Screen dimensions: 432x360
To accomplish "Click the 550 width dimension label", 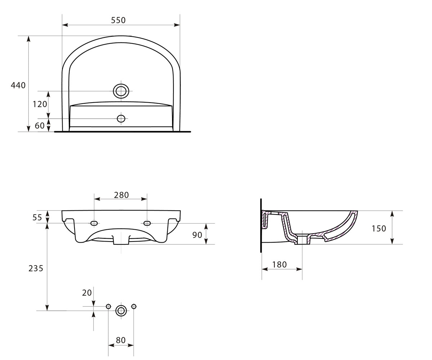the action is tap(118, 20).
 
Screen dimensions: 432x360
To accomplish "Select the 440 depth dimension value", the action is tap(18, 85).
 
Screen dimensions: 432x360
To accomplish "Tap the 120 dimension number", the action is tap(40, 104).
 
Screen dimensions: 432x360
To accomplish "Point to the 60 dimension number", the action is tap(40, 126).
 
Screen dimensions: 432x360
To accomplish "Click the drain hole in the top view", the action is tap(121, 91).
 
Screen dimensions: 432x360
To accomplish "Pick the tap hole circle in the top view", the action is tap(121, 118).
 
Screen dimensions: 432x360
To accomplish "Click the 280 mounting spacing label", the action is tap(121, 195).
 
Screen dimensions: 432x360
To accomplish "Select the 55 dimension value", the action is tap(37, 217).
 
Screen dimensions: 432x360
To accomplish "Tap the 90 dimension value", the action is tap(197, 235).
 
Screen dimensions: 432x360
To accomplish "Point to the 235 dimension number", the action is tap(36, 268).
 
